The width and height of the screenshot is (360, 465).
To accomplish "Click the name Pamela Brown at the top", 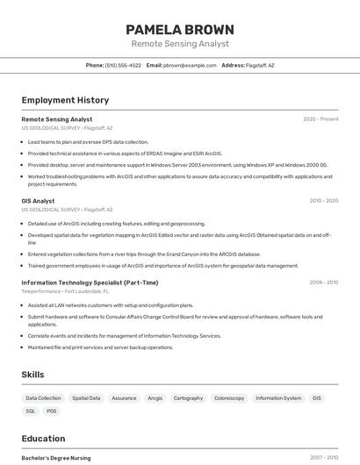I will tap(180, 29).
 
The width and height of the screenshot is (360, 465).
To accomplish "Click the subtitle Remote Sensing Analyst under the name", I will tap(180, 44).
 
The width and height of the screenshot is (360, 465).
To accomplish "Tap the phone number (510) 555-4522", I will tap(123, 66).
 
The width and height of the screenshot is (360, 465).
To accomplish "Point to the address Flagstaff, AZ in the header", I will tap(259, 66).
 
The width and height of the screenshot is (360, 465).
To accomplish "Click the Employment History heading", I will tap(65, 100).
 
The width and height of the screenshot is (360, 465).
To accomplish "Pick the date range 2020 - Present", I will tap(320, 119).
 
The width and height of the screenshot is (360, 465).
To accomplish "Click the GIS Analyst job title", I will tap(38, 201).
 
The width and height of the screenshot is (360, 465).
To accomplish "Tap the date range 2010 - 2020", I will tap(323, 201).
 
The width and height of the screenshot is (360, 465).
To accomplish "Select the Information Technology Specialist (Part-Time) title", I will tap(90, 283).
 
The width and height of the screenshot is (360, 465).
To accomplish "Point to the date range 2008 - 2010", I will tap(323, 283).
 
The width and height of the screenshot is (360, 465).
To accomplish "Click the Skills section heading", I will tap(32, 375).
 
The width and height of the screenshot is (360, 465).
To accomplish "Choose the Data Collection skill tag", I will tap(43, 398).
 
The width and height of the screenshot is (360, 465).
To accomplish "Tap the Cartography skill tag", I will tap(188, 398).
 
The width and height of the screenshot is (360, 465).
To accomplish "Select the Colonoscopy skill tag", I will tap(229, 398).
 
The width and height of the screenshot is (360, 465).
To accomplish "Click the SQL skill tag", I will tap(30, 411).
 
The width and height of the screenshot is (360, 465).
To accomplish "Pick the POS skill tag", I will tap(52, 411).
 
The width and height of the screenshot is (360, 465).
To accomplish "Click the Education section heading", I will tap(43, 439).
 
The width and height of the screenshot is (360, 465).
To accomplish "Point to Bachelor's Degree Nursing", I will tap(56, 458).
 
